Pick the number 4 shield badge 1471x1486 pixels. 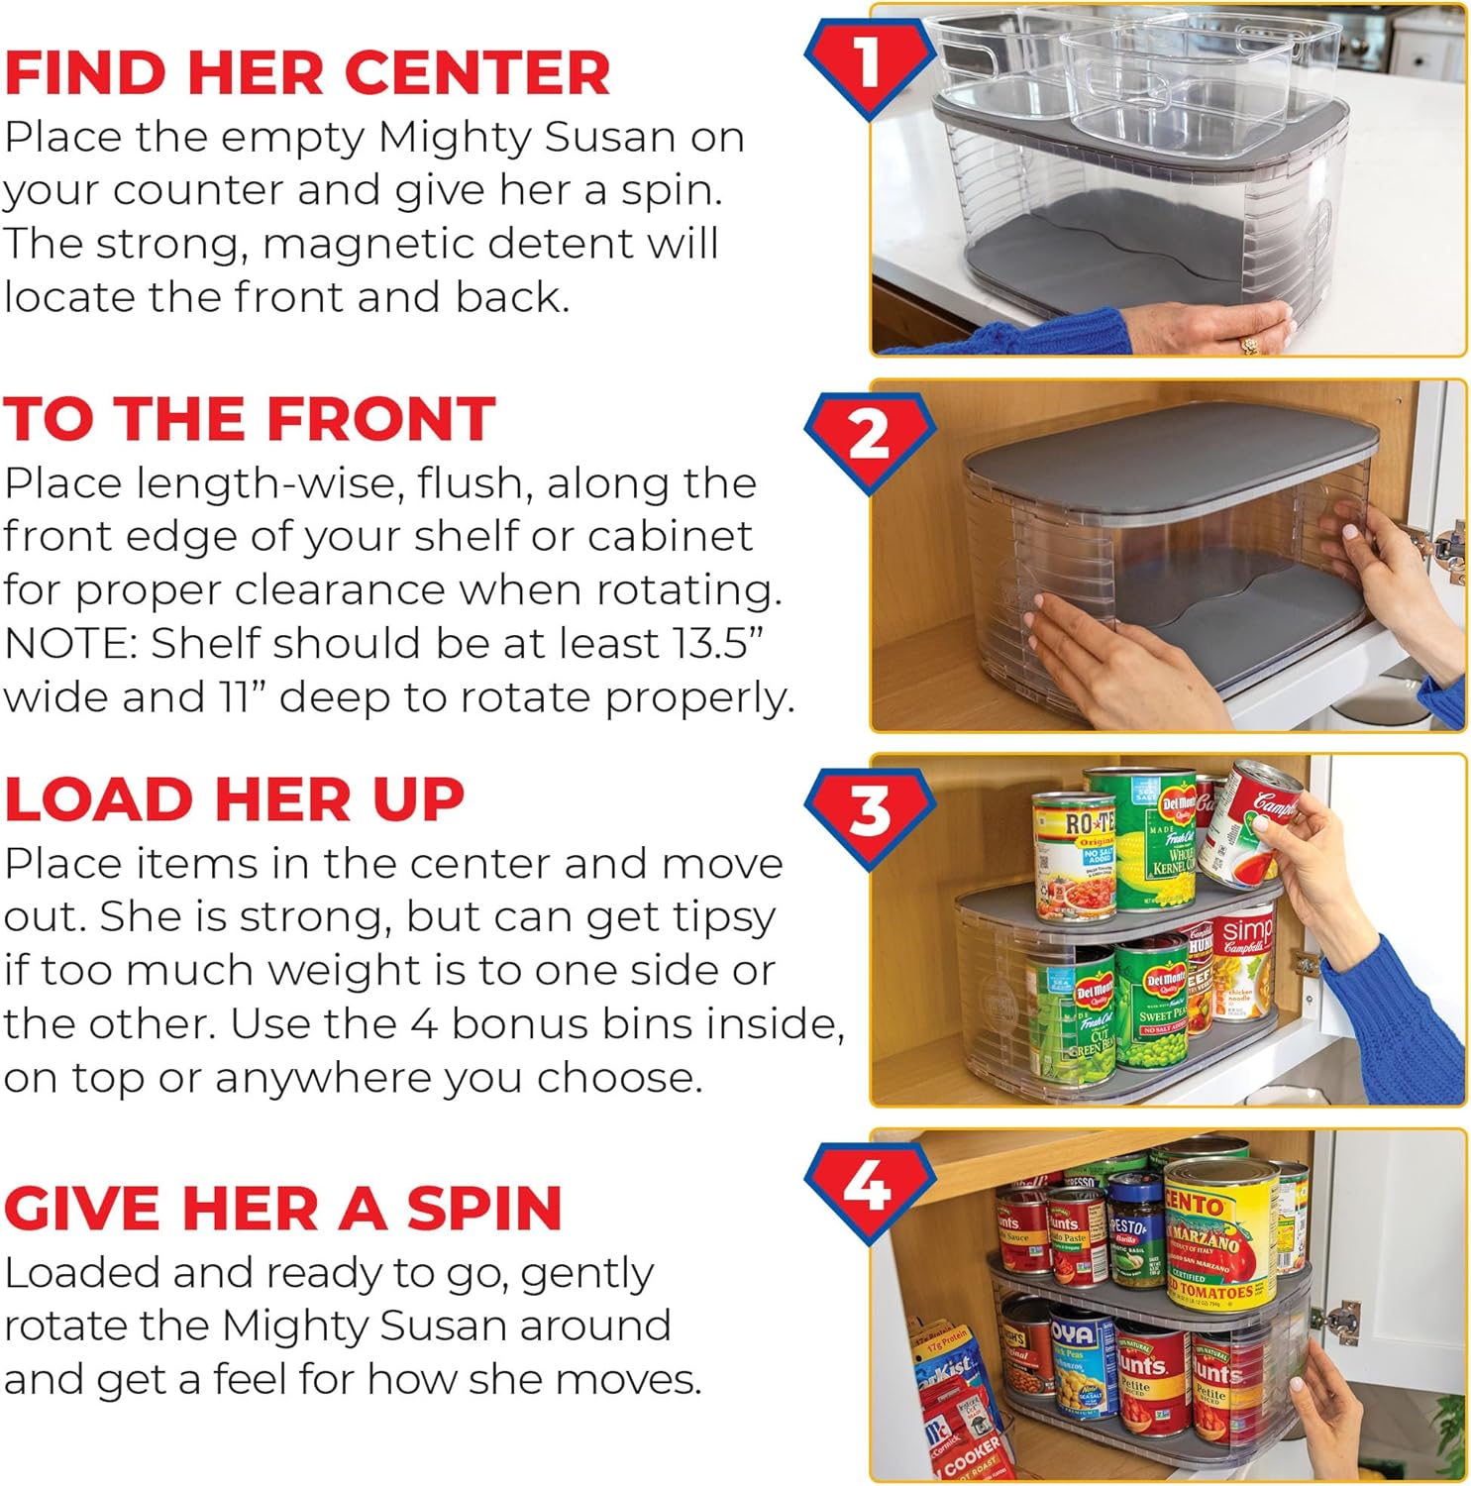coord(869,1187)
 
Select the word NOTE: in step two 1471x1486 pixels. coord(70,644)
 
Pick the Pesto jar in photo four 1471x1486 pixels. coord(1135,1233)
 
